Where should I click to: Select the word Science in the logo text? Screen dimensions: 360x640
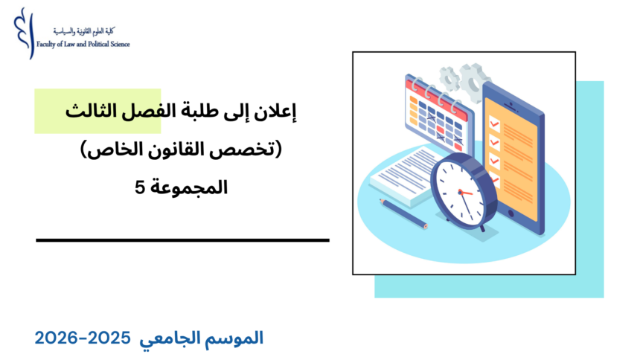[x=121, y=45]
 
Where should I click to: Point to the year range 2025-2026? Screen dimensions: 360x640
[x=83, y=338]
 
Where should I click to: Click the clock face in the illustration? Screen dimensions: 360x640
[x=461, y=190]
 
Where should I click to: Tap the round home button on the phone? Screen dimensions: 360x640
[x=512, y=213]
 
